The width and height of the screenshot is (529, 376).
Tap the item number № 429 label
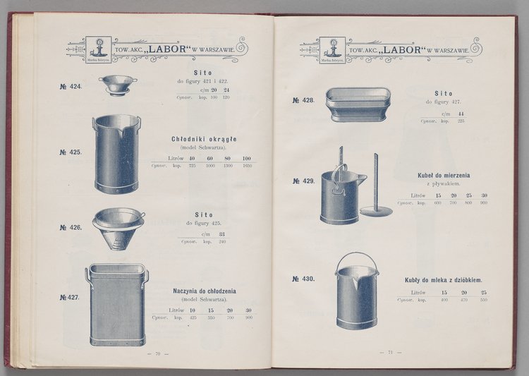303,181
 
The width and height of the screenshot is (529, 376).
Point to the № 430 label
303,279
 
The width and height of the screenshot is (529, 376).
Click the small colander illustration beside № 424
117,85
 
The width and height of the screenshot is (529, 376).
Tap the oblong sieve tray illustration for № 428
358,104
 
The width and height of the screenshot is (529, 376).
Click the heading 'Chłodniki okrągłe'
204,139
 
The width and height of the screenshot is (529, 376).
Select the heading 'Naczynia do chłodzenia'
205,291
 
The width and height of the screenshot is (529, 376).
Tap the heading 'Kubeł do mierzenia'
444,174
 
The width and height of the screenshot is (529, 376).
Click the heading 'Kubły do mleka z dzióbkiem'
444,279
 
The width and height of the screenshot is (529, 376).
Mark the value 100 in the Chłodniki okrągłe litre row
247,158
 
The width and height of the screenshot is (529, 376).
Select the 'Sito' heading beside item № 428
443,93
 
